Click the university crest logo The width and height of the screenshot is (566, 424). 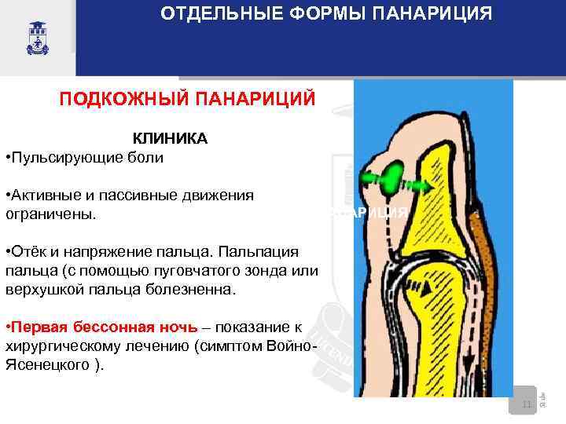pos(37,36)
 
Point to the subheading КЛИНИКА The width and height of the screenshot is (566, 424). pos(170,139)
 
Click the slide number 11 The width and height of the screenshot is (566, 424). pos(527,404)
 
